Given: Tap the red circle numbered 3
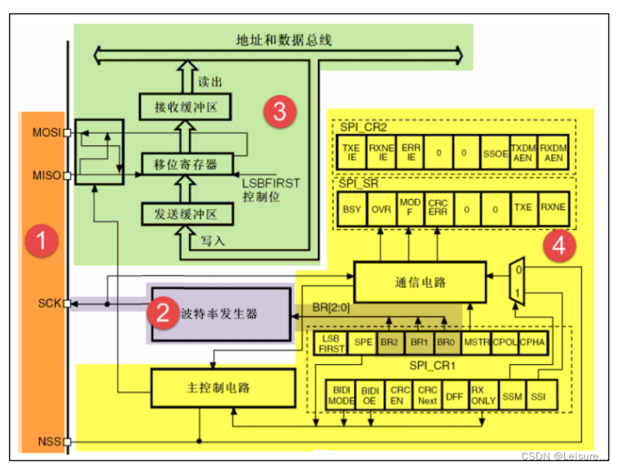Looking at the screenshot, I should coord(279,111).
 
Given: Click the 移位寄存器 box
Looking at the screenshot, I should coord(185,164).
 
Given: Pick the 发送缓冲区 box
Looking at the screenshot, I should coord(185,214).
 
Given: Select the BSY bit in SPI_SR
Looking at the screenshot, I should coord(351,209).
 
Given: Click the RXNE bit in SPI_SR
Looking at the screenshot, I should coord(553,209).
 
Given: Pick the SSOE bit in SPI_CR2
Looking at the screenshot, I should coord(495,153).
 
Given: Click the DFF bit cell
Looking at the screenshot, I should coord(454,396).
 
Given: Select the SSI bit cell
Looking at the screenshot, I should coord(537,396).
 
